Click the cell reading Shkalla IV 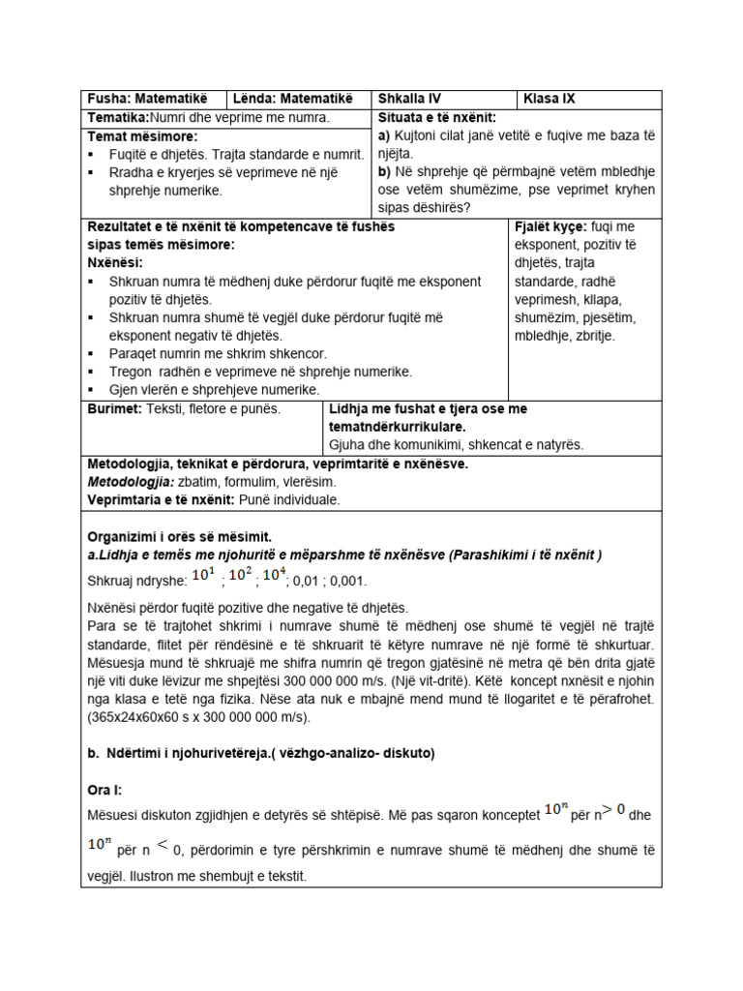point(409,99)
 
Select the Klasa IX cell point(549,99)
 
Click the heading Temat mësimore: point(142,136)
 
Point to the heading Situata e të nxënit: point(436,117)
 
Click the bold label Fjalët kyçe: point(550,226)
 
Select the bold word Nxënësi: point(115,263)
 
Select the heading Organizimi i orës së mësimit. point(180,537)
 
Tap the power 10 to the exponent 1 point(203,577)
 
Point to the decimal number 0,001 point(349,581)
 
